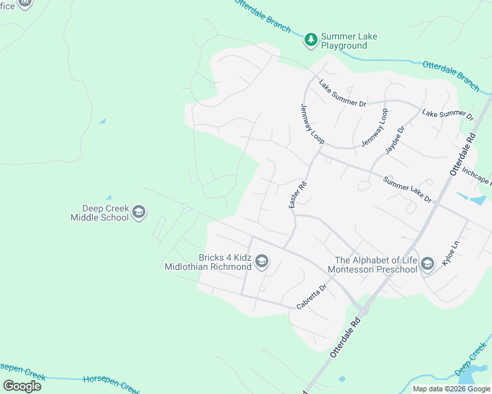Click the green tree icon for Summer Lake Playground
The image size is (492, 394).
(x=310, y=41)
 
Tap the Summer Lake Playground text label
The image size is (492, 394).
(x=349, y=41)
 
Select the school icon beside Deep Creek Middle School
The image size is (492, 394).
(x=138, y=212)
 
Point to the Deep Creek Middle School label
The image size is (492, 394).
(x=100, y=212)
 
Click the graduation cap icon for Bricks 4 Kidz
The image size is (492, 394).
(x=261, y=262)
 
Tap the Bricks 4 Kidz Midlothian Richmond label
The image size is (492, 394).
(x=207, y=262)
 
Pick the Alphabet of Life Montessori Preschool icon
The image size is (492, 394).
(x=428, y=265)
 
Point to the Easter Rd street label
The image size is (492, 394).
(x=298, y=195)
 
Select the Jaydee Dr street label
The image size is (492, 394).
(x=395, y=140)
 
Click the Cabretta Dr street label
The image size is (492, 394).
(x=311, y=297)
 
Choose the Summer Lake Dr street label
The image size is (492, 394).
(x=407, y=190)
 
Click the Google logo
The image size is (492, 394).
(x=22, y=385)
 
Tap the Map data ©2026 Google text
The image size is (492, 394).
(x=452, y=389)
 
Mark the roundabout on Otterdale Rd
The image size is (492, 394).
(x=362, y=310)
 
